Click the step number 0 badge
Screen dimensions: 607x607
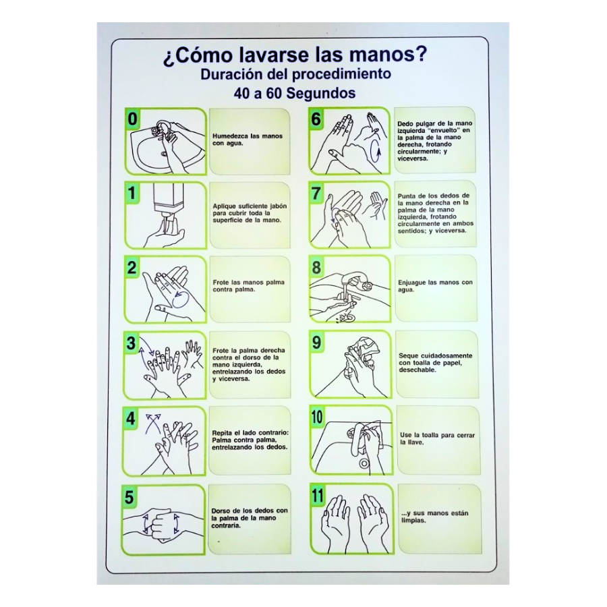132,119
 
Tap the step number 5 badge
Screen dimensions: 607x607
129,497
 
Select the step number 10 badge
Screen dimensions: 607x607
317,417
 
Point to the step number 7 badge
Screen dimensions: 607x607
316,193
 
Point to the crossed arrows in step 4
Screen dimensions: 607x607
152,424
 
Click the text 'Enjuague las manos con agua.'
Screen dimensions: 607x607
435,286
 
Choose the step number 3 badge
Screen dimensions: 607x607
132,343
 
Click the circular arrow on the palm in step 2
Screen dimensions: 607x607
180,299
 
